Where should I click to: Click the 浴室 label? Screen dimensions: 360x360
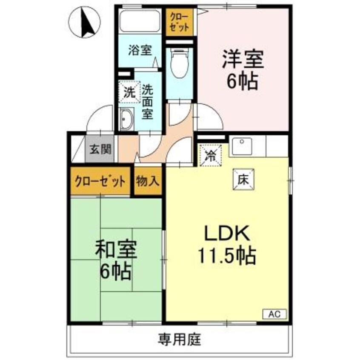(139, 50)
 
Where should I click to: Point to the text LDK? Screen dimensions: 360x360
(226, 234)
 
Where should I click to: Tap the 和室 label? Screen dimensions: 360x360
(115, 250)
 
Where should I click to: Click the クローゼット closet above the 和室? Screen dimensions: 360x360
(101, 181)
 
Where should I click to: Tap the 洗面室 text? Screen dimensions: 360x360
(147, 102)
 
